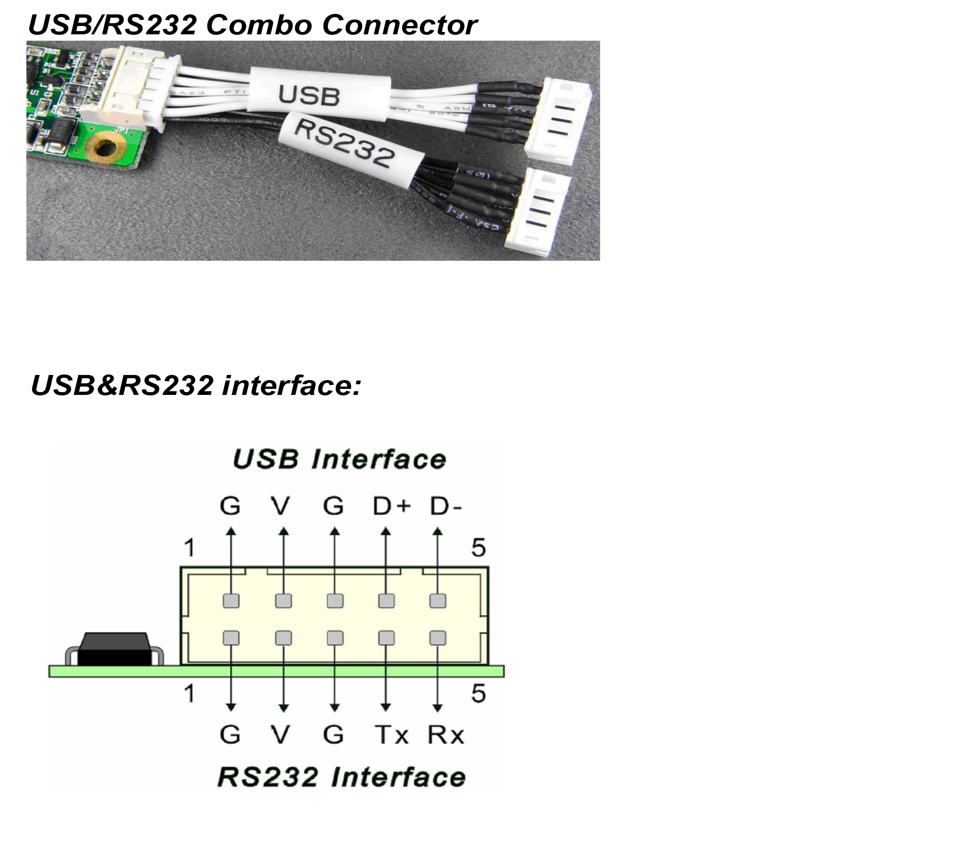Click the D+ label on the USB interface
(x=391, y=506)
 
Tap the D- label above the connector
(x=445, y=506)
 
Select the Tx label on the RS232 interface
(x=391, y=735)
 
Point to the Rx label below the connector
(x=445, y=735)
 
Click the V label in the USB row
(x=281, y=506)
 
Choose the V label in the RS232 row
(x=281, y=735)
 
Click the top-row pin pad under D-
(x=438, y=601)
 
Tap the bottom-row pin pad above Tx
(x=386, y=638)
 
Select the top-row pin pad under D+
(x=386, y=601)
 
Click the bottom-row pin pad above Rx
(x=438, y=638)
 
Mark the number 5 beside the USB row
(x=478, y=548)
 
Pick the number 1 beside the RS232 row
(x=189, y=693)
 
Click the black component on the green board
(x=115, y=649)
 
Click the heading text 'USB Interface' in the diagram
(x=339, y=459)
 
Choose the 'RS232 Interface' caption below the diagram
(x=342, y=777)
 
